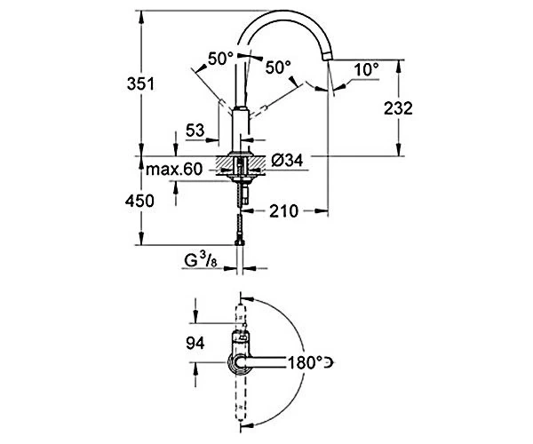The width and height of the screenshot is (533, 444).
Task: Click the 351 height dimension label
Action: tap(140, 83)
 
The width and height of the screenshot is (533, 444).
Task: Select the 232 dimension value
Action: tap(398, 108)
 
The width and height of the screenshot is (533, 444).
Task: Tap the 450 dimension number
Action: tap(139, 201)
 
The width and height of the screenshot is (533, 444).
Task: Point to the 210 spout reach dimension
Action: tap(283, 211)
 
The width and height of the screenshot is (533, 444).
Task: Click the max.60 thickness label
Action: tap(174, 169)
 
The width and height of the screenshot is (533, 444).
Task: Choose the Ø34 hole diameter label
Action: tap(287, 160)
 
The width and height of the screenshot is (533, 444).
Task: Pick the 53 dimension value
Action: tap(195, 131)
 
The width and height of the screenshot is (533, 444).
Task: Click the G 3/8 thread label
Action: tap(201, 260)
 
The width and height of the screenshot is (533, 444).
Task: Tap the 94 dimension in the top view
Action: tap(195, 343)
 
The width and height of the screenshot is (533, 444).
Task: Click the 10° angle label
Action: tap(366, 69)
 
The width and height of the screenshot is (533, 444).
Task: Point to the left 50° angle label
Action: tap(220, 59)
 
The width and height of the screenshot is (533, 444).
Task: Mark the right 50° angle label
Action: tap(278, 67)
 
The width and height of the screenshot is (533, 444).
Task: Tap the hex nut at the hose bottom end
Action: tap(240, 242)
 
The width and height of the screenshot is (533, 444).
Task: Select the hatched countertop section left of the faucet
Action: tap(224, 166)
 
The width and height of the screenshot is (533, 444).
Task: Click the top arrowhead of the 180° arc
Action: tap(248, 299)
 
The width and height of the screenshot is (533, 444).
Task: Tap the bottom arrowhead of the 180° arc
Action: tap(248, 424)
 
